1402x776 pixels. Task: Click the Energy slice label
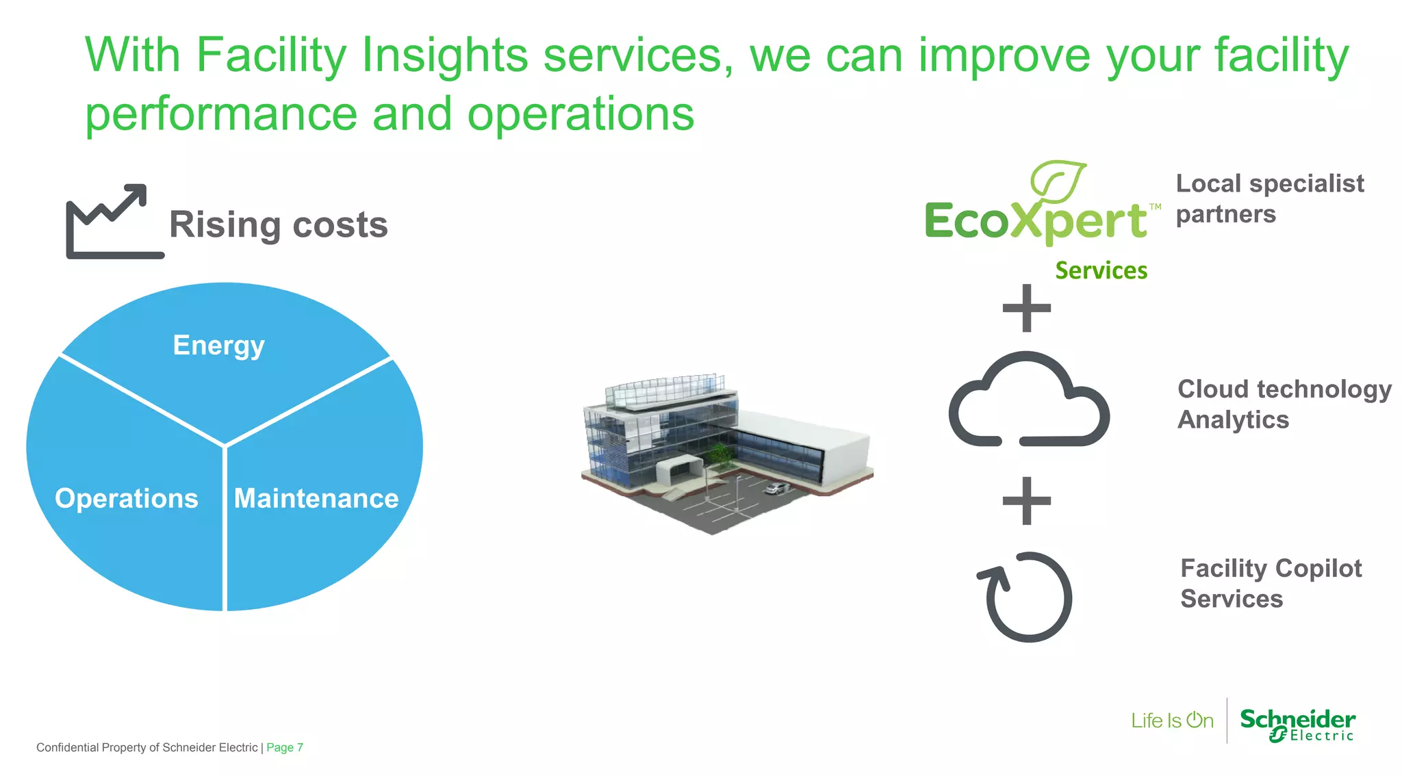[x=218, y=346]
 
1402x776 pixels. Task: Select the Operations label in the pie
[x=127, y=498]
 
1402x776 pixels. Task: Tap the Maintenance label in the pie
[x=316, y=498]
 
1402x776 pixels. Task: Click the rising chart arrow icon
[x=113, y=221]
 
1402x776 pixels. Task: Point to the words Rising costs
[x=278, y=224]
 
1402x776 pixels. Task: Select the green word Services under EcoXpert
[x=1101, y=270]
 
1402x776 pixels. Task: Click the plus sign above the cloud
[x=1026, y=308]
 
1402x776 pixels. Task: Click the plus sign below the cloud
[x=1026, y=501]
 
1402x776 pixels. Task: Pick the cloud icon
[x=1028, y=400]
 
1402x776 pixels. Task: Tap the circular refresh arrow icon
[x=1025, y=597]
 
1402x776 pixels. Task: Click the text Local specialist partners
[x=1269, y=198]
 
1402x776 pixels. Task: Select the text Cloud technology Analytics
[x=1284, y=404]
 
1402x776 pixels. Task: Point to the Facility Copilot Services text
[x=1271, y=583]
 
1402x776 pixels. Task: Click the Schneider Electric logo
[x=1297, y=724]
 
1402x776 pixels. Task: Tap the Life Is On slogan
[x=1172, y=721]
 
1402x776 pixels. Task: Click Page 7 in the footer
[x=284, y=747]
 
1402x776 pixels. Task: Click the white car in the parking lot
[x=776, y=488]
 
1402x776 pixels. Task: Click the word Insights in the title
[x=444, y=55]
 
